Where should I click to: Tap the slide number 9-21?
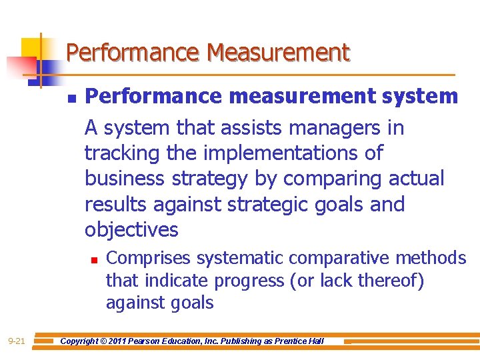[x=17, y=341]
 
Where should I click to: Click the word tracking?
[x=124, y=153]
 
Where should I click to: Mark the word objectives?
[x=131, y=230]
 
